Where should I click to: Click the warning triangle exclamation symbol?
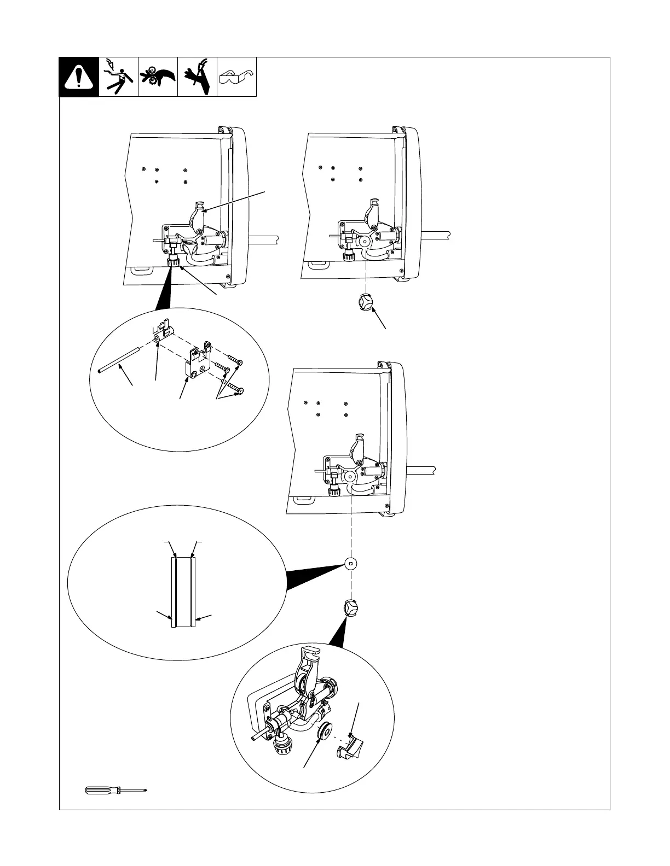click(x=79, y=78)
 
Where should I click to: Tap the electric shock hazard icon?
click(x=118, y=77)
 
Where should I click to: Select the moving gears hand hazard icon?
click(x=158, y=77)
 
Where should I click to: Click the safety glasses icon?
click(x=236, y=78)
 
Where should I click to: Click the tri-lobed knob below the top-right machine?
click(x=365, y=302)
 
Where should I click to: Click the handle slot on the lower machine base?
click(x=304, y=499)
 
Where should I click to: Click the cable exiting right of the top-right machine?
click(x=435, y=237)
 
